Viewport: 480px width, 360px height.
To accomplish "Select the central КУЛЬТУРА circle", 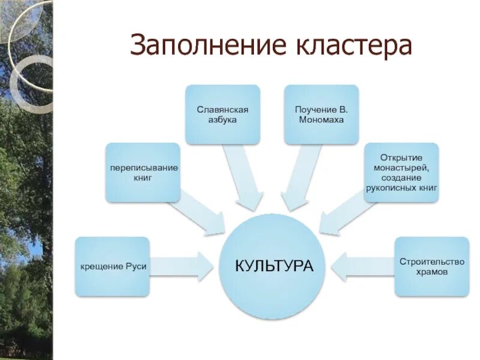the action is (275, 266).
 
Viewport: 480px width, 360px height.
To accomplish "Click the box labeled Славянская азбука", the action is (223, 115).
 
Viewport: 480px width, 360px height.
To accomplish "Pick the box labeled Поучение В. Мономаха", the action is (322, 115).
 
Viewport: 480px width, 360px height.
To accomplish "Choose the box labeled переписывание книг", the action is (143, 172).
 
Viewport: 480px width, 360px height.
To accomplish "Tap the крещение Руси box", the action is (112, 266).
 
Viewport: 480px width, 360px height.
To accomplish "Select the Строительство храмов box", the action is (432, 266).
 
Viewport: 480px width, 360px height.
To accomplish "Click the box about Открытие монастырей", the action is (401, 172).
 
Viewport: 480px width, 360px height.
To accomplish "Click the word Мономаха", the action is (322, 120).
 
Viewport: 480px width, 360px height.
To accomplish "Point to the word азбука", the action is (223, 120).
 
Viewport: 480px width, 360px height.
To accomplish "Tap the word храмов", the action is (432, 271).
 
